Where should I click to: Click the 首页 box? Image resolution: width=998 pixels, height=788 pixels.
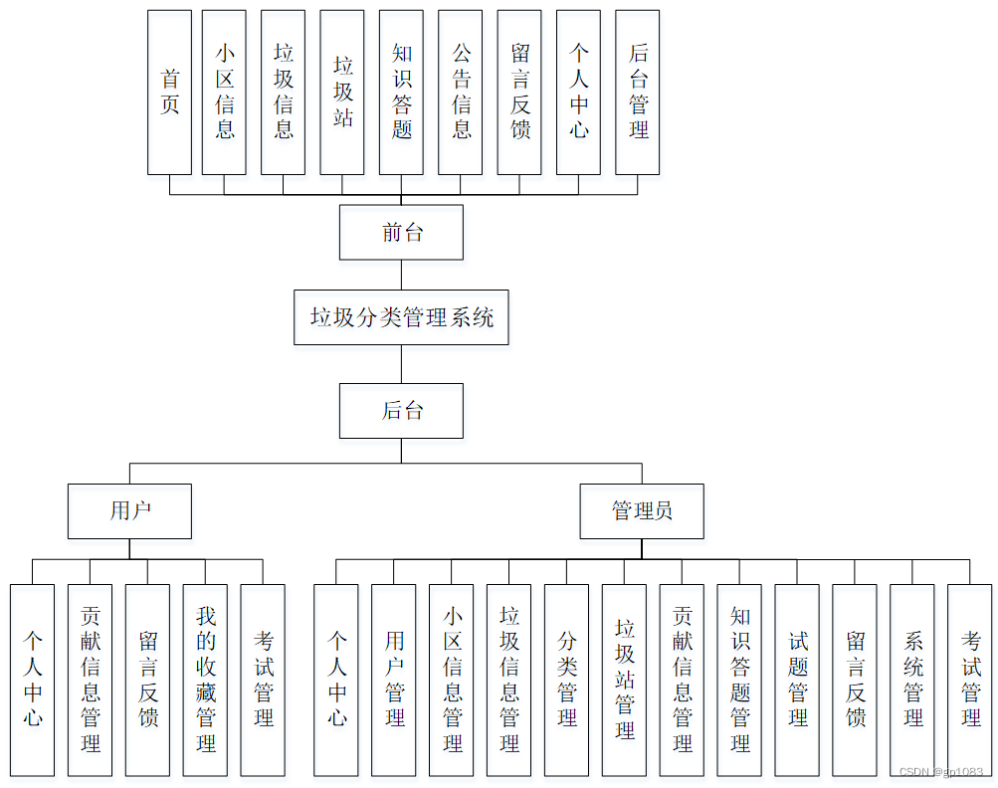point(169,93)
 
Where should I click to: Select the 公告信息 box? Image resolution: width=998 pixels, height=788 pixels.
point(461,93)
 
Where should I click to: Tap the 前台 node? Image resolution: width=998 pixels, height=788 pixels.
point(401,233)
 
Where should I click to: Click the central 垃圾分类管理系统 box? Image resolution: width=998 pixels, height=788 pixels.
point(401,317)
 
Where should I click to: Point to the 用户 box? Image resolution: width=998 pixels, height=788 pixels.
point(129,511)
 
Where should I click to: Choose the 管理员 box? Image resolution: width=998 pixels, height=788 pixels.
point(642,511)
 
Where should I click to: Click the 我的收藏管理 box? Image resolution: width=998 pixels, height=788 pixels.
point(205,680)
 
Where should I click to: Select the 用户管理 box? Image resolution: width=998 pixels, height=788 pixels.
point(394,680)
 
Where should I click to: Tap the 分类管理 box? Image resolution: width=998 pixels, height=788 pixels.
point(567,680)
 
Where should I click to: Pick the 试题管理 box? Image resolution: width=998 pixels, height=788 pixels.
point(797,680)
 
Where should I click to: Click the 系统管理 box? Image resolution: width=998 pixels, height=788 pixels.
point(912,680)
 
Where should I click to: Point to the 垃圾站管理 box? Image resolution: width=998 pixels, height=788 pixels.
point(624,680)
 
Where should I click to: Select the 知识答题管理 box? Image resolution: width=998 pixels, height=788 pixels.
point(739,680)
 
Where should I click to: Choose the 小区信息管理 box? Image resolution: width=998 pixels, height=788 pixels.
point(452,680)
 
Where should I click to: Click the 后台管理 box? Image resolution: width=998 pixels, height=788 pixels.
point(638,93)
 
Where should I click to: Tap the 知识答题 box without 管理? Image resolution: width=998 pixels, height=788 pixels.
point(401,93)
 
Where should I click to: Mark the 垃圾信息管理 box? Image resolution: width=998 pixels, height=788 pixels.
point(509,680)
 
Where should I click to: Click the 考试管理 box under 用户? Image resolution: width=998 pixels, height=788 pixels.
point(263,680)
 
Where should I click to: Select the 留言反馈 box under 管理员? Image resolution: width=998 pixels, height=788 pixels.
point(855,680)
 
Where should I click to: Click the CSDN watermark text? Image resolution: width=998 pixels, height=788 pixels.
point(941,772)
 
